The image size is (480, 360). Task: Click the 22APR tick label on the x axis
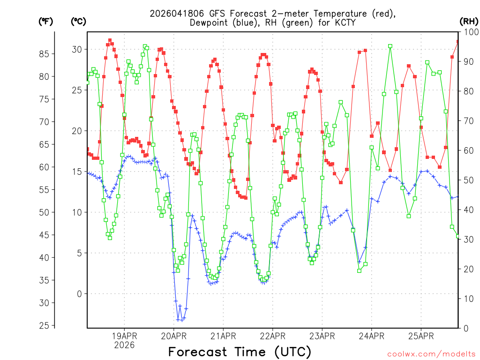[272, 336]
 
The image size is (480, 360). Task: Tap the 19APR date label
[124, 336]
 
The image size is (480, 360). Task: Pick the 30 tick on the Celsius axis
[77, 49]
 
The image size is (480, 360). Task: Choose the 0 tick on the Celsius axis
[79, 294]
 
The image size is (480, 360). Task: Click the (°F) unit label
[45, 21]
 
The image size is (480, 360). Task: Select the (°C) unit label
[78, 21]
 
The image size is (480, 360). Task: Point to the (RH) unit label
[469, 21]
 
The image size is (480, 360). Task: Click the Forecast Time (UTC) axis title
[240, 352]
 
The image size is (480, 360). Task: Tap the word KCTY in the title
[343, 22]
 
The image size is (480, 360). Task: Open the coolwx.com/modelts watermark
[431, 354]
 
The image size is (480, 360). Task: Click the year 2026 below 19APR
[124, 345]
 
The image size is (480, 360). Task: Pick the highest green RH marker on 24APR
[390, 46]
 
